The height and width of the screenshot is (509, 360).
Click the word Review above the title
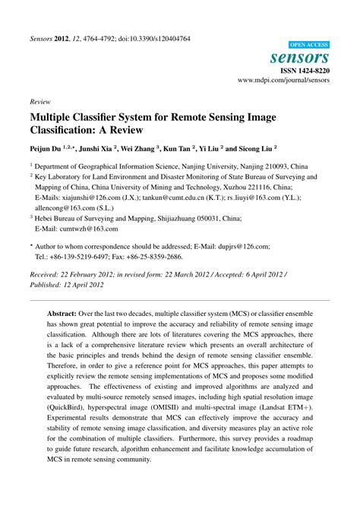pyautogui.click(x=40, y=100)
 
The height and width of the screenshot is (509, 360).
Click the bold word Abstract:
pyautogui.click(x=66, y=312)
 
